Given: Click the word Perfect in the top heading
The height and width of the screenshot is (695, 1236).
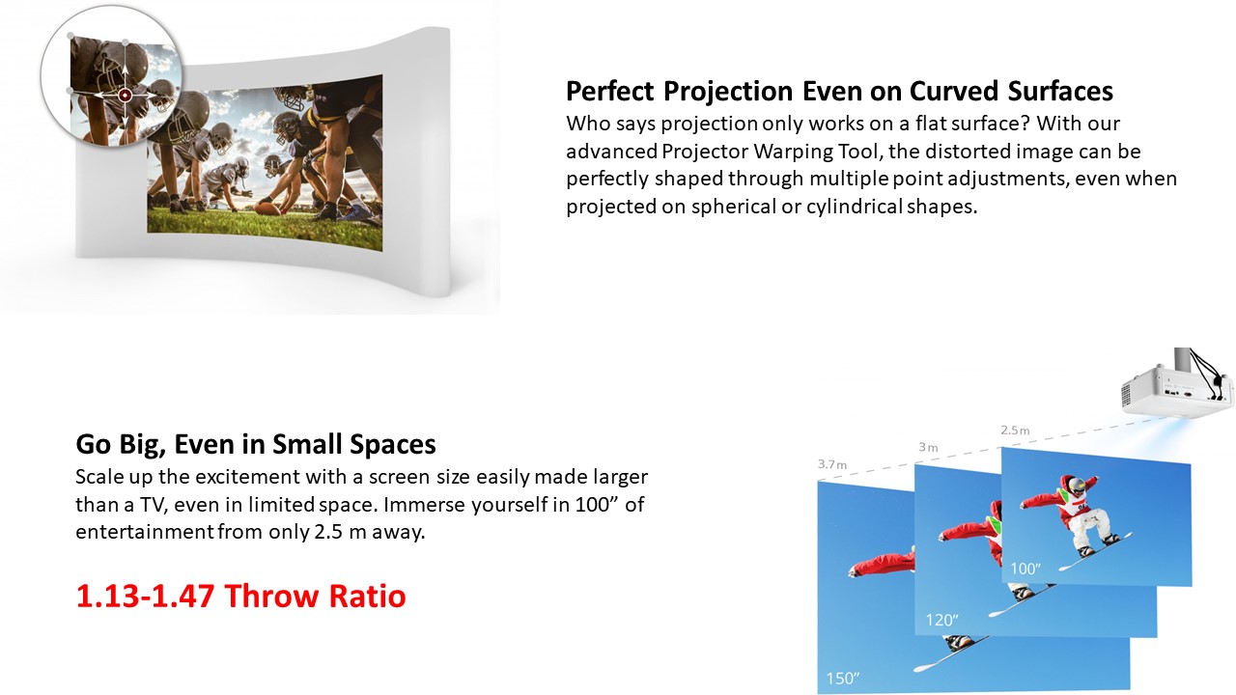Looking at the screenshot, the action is pos(610,91).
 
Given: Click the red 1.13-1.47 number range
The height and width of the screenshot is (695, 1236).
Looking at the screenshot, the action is pos(145,596).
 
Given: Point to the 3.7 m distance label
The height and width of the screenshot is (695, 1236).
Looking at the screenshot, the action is pos(832,464).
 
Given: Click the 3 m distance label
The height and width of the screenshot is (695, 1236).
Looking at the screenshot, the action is pos(928,447).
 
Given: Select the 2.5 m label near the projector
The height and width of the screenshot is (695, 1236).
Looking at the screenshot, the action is pos(1015,431).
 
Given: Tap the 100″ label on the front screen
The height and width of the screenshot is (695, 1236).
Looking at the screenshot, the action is pos(1025,569).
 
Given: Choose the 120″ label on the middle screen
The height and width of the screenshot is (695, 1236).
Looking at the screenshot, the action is pos(941,620).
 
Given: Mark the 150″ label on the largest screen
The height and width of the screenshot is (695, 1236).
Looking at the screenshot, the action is pos(843,678).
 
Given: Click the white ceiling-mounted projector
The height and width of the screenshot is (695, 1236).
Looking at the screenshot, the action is pos(1178,389).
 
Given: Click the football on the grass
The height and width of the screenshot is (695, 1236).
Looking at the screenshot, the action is pos(268,209).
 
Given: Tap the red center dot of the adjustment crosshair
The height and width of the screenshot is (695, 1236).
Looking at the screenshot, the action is pos(126,96).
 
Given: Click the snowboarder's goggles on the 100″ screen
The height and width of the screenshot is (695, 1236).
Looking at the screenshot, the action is pos(1075,486).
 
